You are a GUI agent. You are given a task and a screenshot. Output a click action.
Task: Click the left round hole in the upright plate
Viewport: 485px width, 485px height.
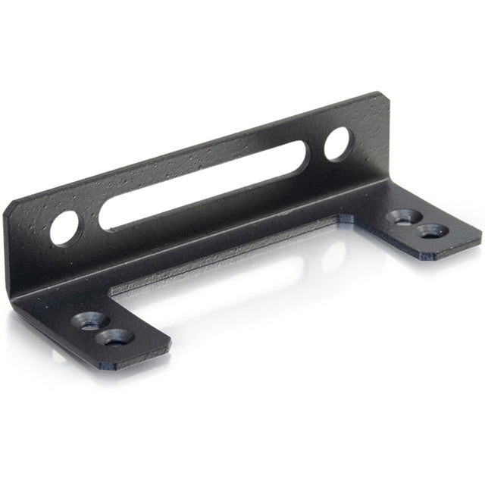coord(64,227)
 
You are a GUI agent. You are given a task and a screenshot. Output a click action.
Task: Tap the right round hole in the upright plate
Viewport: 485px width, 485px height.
coord(337,143)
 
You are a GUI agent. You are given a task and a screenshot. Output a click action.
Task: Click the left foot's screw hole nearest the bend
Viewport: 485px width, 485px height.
coord(89,320)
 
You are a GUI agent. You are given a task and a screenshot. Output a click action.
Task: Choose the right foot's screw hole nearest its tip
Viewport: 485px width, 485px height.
coord(432,230)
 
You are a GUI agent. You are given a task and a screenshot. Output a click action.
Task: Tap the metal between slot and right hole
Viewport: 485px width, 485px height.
coord(316,149)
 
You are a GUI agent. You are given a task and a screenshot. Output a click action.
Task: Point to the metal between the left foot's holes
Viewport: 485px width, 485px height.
coord(102,329)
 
